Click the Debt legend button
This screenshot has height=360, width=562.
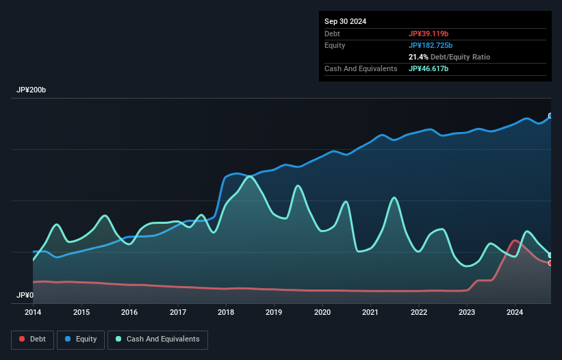coord(31,339)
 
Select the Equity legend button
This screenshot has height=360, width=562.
coord(80,339)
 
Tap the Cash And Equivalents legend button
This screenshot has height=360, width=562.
coord(157,339)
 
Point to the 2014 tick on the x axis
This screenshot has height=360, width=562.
coord(33,313)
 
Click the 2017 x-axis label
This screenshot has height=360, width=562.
coord(178,313)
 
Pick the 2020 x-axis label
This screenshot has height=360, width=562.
coord(322,313)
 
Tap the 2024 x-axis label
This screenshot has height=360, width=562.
coord(515,313)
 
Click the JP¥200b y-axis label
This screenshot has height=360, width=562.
coord(31,90)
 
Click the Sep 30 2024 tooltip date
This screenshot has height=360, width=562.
coord(345,21)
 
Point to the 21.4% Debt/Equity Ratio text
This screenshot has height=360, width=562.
coord(449,57)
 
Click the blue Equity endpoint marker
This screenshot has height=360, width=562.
coord(550,116)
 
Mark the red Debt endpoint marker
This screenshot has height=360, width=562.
coord(550,263)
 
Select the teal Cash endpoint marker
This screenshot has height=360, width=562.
coord(550,255)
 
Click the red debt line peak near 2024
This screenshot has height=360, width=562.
coord(515,240)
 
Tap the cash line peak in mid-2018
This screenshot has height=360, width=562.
coord(250,177)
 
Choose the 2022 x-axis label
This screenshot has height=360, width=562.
coord(419,313)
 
